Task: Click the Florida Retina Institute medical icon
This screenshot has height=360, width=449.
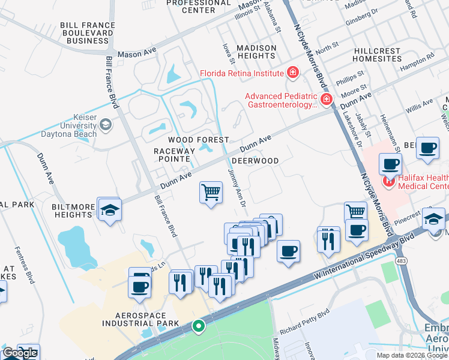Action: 293,73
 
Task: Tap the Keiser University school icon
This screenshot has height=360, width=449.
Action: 106,125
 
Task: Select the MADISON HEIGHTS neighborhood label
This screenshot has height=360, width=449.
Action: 256,52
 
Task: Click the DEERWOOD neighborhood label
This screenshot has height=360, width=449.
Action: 255,161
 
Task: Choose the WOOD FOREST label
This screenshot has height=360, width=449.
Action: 190,140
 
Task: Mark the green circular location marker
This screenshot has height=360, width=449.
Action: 197,326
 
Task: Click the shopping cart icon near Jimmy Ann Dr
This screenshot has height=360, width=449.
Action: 211,193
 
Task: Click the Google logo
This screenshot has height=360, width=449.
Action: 20,353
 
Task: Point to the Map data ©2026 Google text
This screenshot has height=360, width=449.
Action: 412,355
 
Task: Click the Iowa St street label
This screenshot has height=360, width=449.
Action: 228,52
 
